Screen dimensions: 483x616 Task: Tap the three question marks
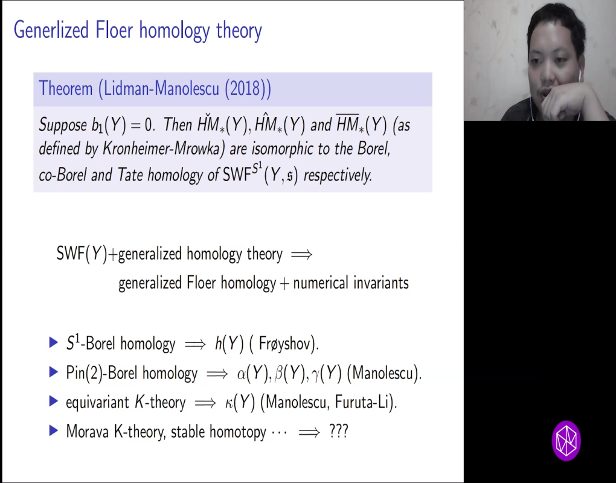(339, 432)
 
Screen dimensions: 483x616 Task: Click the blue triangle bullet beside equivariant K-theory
(53, 401)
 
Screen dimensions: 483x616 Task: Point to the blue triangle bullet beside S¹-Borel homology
(53, 343)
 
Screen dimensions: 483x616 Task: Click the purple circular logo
(566, 441)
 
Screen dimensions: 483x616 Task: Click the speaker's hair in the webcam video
(553, 24)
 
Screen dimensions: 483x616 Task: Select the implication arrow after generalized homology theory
(301, 254)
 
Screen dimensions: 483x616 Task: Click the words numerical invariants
(351, 283)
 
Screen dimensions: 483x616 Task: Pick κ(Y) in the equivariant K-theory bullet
(239, 403)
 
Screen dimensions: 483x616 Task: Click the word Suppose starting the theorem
(63, 125)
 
